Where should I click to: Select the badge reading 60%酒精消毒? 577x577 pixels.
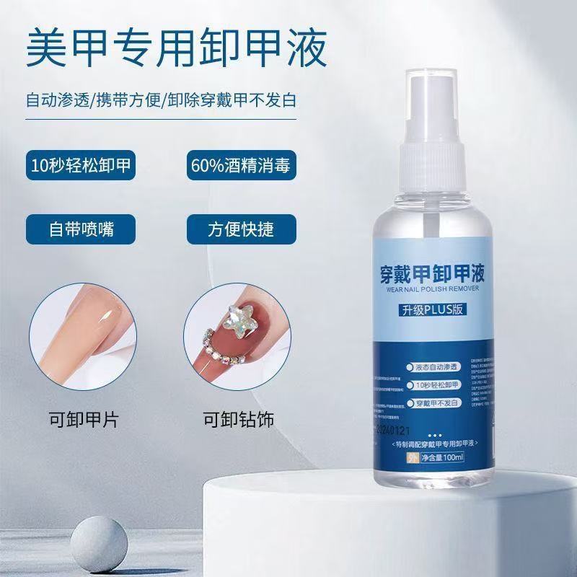coord(241,165)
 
